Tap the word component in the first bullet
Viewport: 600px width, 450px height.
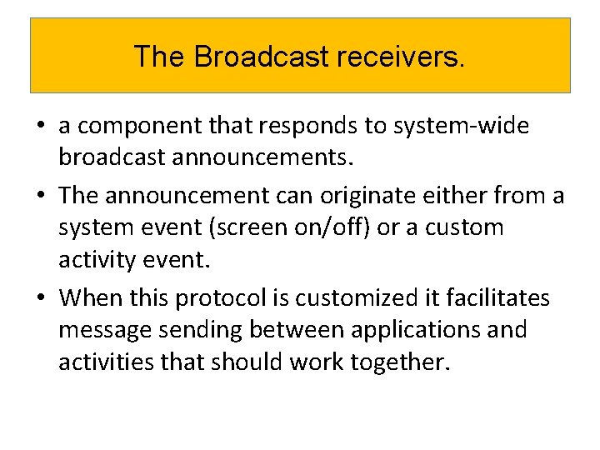(x=134, y=127)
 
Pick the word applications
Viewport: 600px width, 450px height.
(x=403, y=330)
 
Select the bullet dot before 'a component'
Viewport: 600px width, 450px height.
(x=40, y=127)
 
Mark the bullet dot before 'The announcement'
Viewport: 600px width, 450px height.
(x=40, y=197)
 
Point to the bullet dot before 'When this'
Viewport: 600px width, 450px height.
(x=40, y=298)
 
